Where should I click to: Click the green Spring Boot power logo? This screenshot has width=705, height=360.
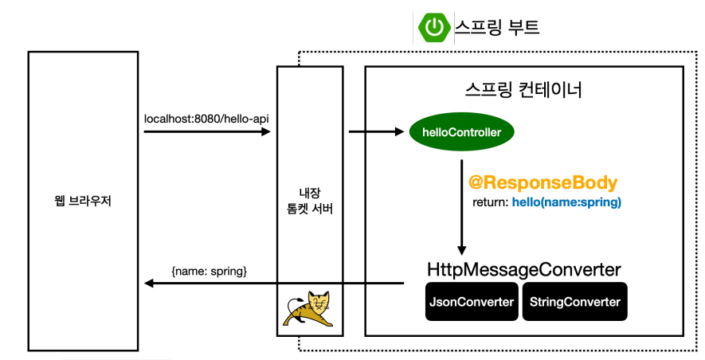[x=434, y=28]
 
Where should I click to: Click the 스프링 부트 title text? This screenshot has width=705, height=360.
[x=497, y=28]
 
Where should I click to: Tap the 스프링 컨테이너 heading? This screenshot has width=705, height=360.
[x=523, y=88]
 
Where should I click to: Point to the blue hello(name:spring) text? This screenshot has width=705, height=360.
[x=566, y=203]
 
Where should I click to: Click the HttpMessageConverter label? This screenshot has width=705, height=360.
[x=523, y=269]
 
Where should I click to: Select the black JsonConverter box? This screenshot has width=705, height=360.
[x=471, y=302]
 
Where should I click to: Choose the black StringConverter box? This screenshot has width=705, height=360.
[x=574, y=302]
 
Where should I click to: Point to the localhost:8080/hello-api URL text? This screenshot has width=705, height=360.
[x=206, y=119]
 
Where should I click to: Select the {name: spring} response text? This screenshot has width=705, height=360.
[x=209, y=272]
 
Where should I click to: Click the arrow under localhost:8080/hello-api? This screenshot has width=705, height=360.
[x=207, y=132]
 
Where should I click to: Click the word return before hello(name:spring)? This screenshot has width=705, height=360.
[x=490, y=203]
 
